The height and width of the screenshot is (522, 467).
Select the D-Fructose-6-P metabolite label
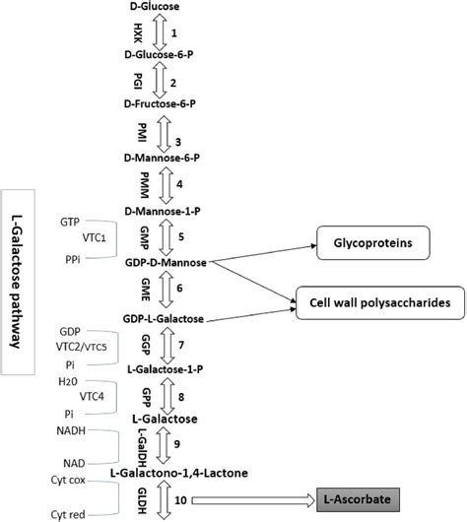point(161,102)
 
